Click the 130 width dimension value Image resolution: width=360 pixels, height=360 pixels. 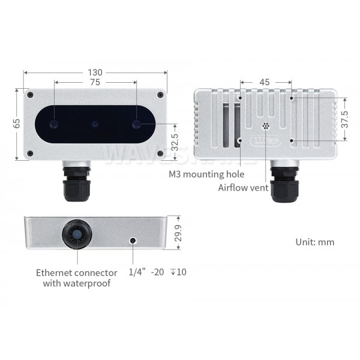pos(95,73)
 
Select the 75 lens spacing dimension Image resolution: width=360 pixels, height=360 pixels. pos(95,82)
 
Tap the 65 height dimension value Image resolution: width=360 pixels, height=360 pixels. pos(17,123)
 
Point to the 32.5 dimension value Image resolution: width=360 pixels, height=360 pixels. pos(175,142)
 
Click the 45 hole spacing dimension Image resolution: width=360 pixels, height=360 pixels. pos(265,82)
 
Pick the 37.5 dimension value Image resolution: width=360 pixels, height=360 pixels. pos(344,119)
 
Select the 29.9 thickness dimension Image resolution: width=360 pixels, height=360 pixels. pos(178,233)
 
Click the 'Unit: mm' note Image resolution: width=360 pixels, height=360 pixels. pos(315,242)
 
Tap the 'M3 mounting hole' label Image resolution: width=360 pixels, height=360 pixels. pos(206,174)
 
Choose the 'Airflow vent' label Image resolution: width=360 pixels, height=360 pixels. pos(243,188)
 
